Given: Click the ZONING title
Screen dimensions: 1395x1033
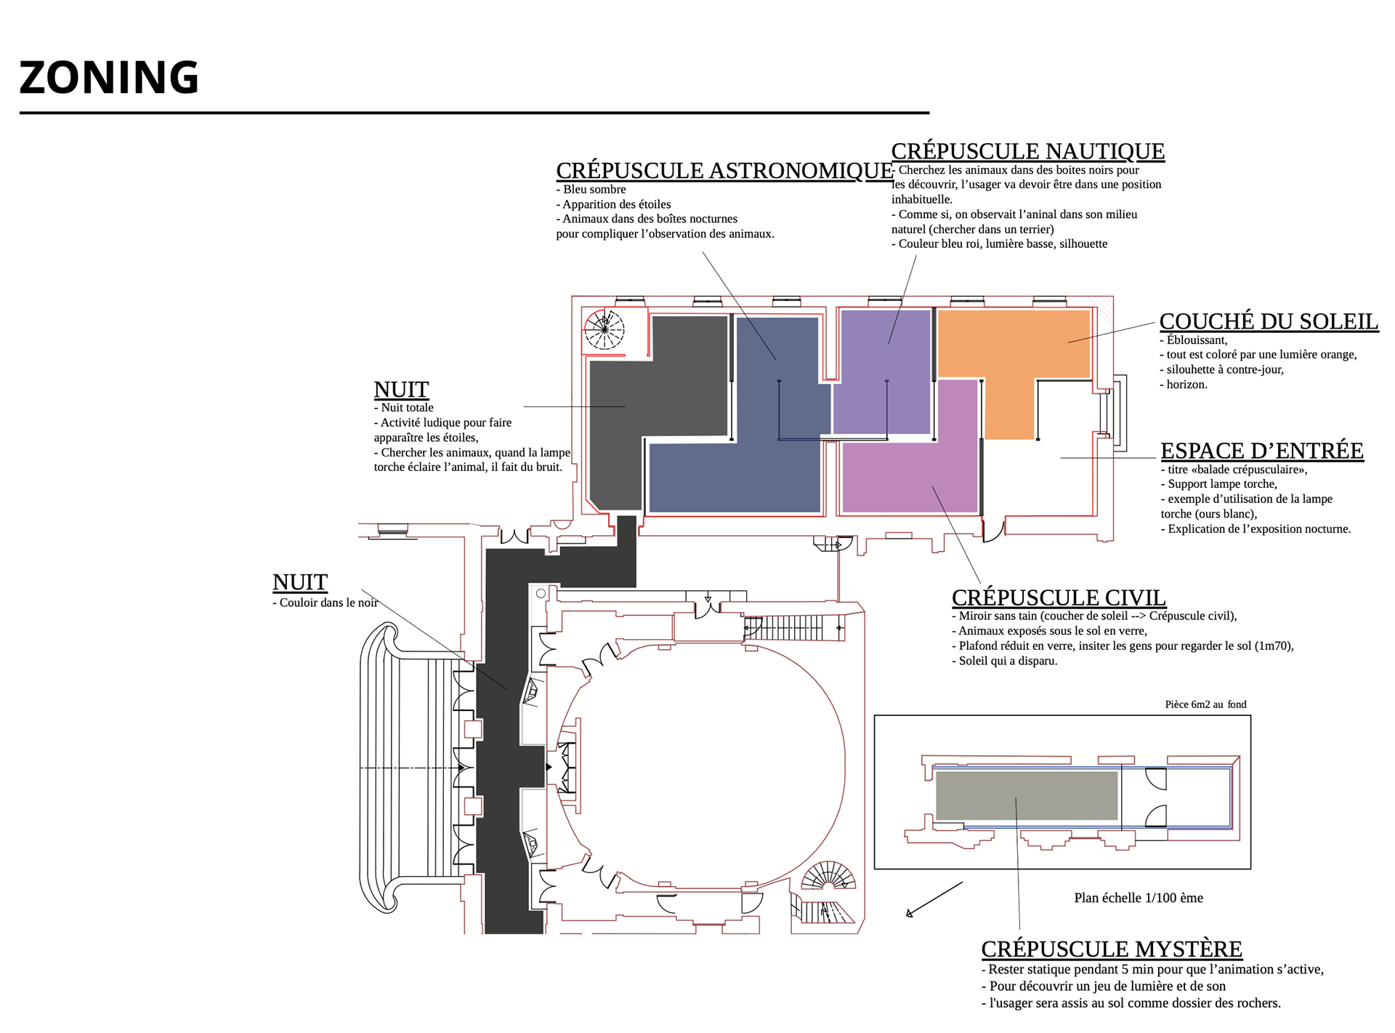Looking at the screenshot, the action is point(109,78).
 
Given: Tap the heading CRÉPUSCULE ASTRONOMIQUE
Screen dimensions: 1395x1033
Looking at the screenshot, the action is point(724,171).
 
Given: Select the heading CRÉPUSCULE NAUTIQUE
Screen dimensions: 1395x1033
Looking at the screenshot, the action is point(1028,151).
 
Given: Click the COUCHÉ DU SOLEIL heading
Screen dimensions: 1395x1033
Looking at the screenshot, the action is point(1269,321).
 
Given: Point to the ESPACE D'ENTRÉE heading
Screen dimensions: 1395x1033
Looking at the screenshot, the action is point(1262,451).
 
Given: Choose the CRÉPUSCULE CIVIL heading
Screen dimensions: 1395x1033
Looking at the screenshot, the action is point(1059,598).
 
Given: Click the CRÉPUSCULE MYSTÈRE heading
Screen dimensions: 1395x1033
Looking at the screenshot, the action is point(1112,949).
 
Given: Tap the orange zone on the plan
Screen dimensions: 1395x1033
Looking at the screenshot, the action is point(1014,345).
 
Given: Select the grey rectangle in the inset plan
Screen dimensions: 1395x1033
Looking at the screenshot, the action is point(1027,796).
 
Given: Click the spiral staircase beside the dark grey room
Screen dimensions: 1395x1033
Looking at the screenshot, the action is point(604,330).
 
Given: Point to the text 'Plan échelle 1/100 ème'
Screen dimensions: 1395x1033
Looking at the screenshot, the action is point(1139,899).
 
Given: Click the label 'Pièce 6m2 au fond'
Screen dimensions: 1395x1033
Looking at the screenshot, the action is point(1205,704).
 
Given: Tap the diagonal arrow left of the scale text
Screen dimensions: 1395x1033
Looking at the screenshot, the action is point(934,900).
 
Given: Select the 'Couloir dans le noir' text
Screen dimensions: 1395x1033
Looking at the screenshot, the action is point(325,603).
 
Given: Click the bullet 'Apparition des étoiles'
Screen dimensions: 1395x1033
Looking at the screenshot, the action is point(614,204).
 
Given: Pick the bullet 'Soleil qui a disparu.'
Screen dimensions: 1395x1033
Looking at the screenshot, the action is point(1005,661).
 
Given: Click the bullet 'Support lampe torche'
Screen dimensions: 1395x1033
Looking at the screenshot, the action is point(1219,484).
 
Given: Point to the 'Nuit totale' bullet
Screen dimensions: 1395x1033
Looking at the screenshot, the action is point(404,408).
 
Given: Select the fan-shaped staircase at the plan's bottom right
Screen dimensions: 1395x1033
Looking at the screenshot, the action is point(828,875).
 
